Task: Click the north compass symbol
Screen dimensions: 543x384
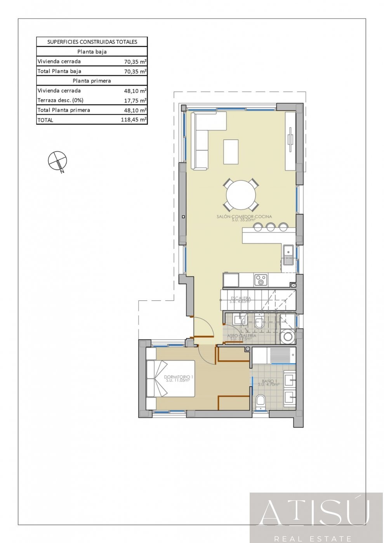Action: click(57, 161)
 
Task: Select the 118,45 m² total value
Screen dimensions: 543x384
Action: click(133, 120)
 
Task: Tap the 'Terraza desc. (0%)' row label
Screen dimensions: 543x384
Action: click(60, 100)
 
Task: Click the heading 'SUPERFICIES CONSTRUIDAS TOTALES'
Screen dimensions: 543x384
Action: click(92, 42)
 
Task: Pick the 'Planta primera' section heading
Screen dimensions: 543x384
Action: click(92, 81)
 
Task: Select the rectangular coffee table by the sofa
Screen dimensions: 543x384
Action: click(231, 152)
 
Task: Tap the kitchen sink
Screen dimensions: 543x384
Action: click(288, 255)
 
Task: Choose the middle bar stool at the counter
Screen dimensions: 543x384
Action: click(271, 227)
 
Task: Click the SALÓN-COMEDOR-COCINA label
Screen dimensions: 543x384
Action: click(244, 217)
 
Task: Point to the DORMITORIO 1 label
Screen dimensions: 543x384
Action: click(178, 377)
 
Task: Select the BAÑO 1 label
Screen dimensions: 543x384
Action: click(268, 382)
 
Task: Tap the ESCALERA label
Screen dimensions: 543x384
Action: click(241, 299)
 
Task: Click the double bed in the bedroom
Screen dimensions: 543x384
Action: click(170, 379)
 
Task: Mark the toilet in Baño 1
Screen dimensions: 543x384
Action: click(261, 402)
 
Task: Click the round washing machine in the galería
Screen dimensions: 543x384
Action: click(288, 337)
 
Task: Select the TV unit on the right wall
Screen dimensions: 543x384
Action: click(290, 141)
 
